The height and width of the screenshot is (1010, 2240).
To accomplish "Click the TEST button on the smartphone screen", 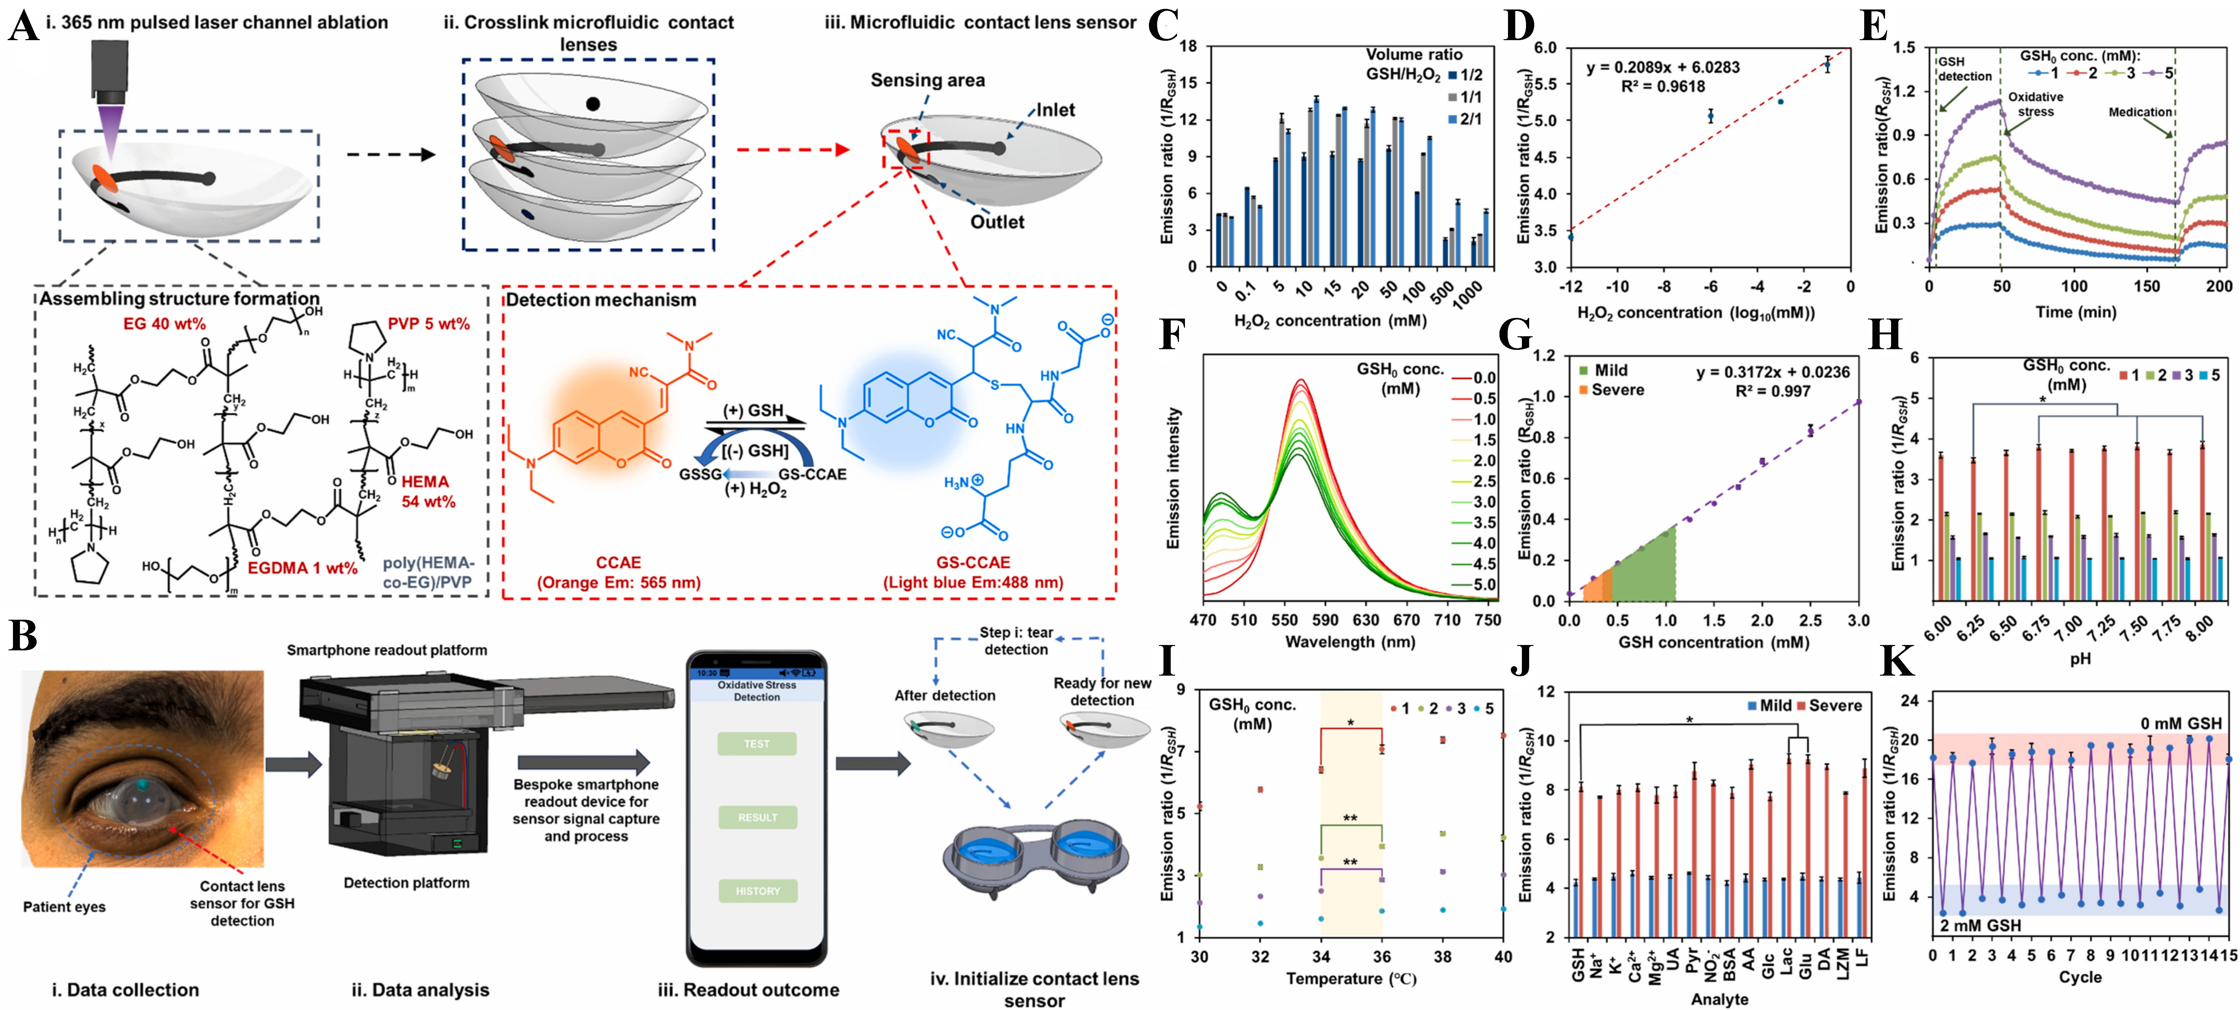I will (x=757, y=744).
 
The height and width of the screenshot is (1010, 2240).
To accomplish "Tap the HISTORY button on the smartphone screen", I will (x=757, y=891).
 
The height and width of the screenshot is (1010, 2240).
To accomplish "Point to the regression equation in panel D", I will (x=1663, y=67).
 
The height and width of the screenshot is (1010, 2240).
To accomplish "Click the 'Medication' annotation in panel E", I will (x=2140, y=112).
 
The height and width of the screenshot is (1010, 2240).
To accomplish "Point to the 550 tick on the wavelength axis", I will (x=1284, y=620).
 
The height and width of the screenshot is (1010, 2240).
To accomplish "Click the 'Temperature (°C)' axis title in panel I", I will (x=1351, y=979).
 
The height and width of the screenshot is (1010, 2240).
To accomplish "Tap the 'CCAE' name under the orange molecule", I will (x=618, y=563).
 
